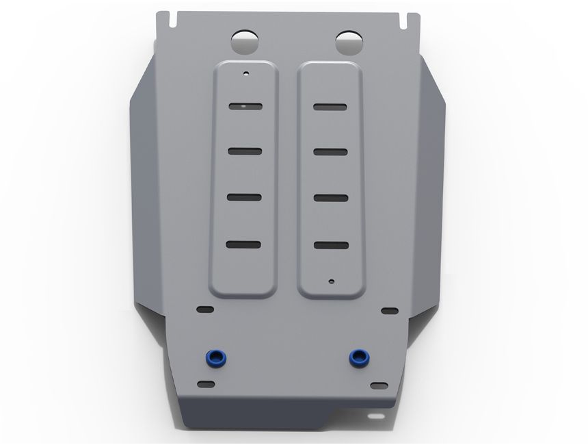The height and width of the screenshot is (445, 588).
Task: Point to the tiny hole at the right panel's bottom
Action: (x=331, y=280)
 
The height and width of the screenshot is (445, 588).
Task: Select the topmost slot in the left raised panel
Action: (x=245, y=106)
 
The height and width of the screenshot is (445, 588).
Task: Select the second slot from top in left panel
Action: (x=245, y=151)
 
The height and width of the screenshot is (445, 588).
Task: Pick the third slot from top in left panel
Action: (x=245, y=198)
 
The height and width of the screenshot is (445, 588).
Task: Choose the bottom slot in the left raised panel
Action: (x=245, y=244)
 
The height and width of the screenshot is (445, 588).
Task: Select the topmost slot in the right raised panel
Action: (x=330, y=106)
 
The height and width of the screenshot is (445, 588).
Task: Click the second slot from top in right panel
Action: (x=330, y=151)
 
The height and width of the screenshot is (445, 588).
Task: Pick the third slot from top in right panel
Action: (x=330, y=198)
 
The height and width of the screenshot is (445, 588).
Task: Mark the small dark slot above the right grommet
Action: (x=390, y=311)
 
